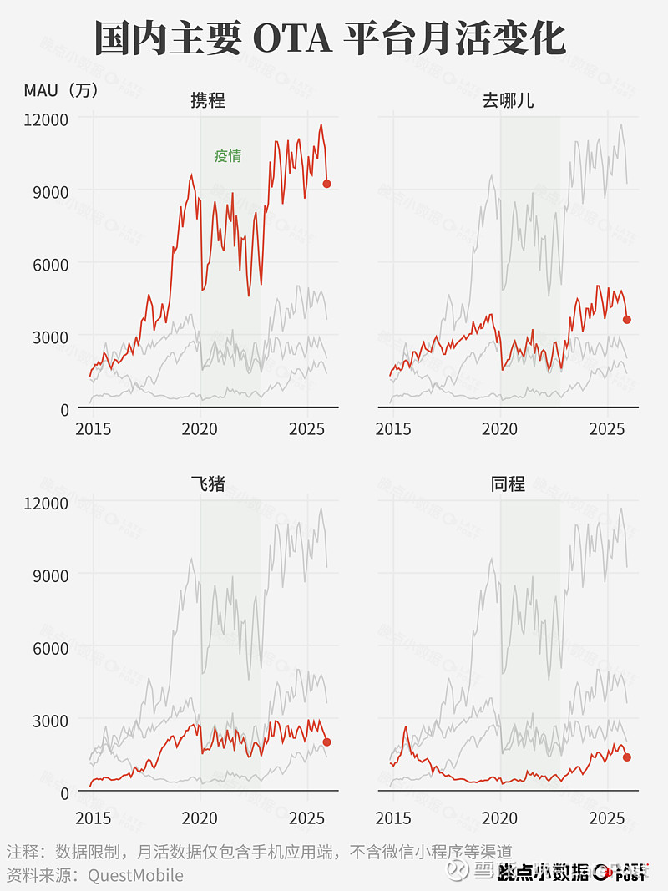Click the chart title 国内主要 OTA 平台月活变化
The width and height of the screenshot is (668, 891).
[330, 38]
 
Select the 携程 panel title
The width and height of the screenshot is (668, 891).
[207, 101]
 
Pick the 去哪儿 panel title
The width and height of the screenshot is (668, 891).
[508, 101]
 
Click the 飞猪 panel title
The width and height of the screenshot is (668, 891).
[207, 483]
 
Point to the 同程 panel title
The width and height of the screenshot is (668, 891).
[508, 483]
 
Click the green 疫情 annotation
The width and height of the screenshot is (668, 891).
[227, 155]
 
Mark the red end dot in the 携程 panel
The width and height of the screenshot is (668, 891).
[327, 184]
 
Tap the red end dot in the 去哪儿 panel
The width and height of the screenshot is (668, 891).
[627, 319]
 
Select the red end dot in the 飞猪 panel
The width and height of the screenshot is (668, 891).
[327, 742]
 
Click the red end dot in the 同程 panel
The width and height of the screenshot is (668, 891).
[627, 757]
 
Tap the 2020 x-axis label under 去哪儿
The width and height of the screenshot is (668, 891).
[500, 429]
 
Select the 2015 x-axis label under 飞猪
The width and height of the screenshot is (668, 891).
[94, 814]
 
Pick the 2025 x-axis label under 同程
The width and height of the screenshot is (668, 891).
[607, 814]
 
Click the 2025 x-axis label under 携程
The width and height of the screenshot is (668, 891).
[307, 429]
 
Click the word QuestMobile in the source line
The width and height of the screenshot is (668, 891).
[135, 875]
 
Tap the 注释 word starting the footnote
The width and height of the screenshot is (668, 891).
[23, 853]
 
